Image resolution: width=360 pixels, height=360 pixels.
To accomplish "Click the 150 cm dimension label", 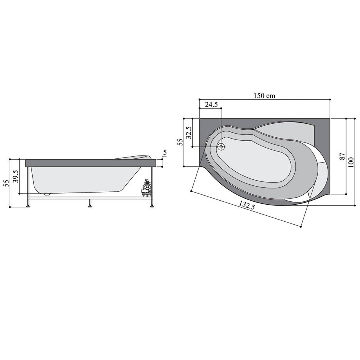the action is [x=264, y=96].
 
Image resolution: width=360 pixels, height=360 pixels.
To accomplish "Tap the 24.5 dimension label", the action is [x=211, y=105].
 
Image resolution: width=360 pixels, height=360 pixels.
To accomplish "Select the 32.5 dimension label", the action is [x=189, y=132].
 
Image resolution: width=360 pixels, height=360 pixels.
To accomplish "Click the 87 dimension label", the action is [x=342, y=156].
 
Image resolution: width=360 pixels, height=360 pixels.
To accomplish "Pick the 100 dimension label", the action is [x=351, y=162].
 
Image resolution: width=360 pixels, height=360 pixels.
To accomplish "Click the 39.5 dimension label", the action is [x=16, y=176].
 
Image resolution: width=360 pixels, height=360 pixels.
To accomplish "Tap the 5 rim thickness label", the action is [x=165, y=152].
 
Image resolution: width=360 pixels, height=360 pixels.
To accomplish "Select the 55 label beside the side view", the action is [x=6, y=183].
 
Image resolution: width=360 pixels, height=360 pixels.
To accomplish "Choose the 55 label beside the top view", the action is [x=180, y=142].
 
